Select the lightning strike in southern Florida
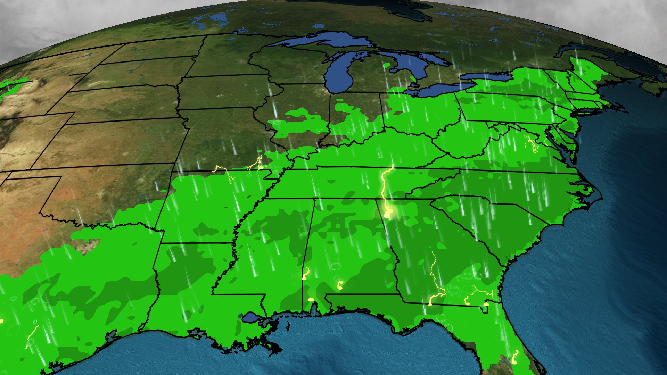click(514, 358)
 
